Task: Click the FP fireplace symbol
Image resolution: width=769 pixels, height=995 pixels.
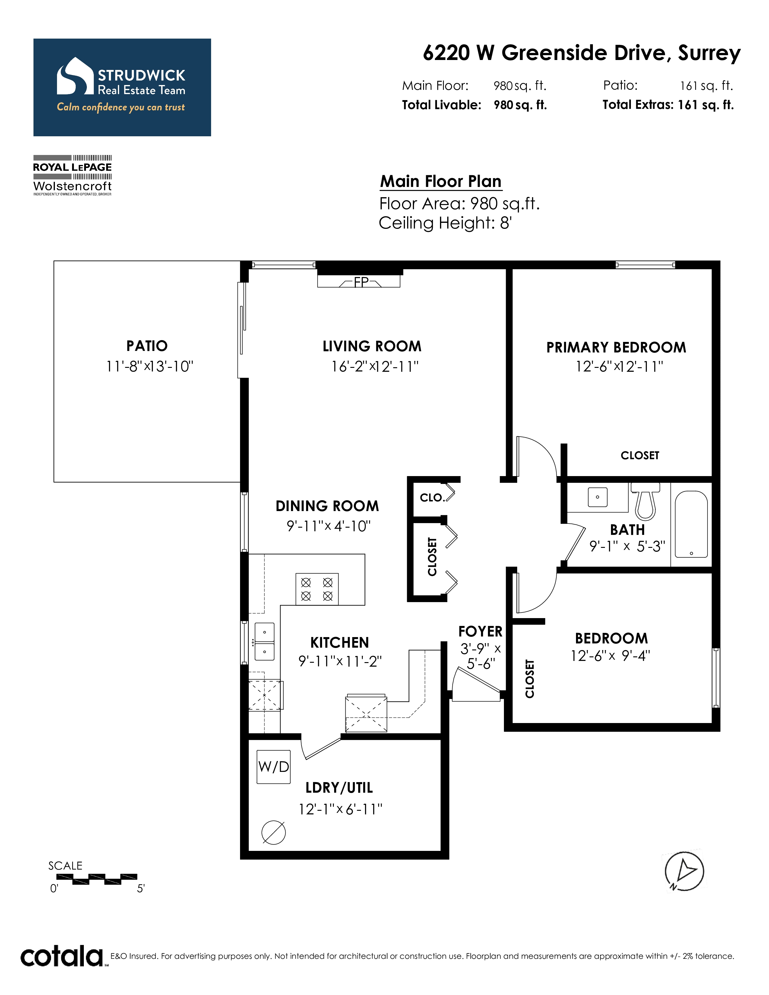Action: tap(359, 282)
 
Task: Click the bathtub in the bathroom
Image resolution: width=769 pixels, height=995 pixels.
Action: tap(691, 524)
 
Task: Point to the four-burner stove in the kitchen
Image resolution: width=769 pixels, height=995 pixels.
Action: tap(317, 589)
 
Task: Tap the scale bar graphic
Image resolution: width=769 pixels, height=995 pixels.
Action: tap(97, 879)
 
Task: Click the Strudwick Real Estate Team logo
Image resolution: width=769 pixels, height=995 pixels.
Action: tap(122, 87)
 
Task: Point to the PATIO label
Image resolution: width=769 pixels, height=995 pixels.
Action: tap(147, 346)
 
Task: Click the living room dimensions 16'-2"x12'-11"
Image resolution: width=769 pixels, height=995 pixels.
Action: tap(375, 366)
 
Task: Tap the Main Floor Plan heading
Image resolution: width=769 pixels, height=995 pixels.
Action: tap(441, 181)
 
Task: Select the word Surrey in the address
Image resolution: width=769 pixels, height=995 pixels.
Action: tap(709, 54)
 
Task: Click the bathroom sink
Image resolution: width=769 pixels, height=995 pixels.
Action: tap(597, 497)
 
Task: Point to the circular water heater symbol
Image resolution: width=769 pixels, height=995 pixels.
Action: tap(274, 832)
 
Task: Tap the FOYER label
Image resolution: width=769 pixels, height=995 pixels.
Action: tap(480, 631)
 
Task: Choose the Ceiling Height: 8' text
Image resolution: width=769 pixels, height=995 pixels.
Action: tap(445, 223)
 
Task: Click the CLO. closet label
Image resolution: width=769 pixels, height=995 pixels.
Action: tap(432, 497)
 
